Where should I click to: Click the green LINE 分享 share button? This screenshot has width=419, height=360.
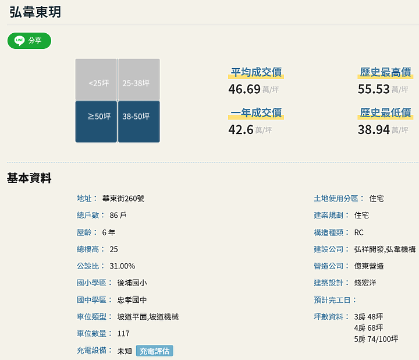29,41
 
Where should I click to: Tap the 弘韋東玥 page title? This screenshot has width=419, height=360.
35,12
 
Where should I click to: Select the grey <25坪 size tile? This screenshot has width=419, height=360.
96,80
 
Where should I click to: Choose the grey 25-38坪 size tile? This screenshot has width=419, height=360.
139,80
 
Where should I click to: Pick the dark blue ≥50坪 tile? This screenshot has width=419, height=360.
96,122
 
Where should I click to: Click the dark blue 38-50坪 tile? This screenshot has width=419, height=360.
139,122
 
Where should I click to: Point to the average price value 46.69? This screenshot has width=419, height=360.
244,89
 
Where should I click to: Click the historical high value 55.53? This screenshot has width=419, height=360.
374,89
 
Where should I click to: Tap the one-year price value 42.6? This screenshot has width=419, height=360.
241,130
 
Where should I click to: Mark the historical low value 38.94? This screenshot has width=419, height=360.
374,130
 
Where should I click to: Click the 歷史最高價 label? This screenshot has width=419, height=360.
385,72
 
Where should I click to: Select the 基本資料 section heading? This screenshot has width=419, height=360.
29,178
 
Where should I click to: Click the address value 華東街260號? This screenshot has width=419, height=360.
123,199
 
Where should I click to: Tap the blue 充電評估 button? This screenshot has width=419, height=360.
154,351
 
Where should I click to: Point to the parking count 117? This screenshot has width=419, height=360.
123,334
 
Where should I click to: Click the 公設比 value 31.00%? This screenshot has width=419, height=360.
122,266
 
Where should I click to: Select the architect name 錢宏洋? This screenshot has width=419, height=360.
365,283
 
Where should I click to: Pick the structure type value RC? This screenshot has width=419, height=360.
359,232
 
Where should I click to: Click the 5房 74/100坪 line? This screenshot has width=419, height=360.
377,339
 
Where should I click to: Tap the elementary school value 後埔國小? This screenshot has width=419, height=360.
132,283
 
